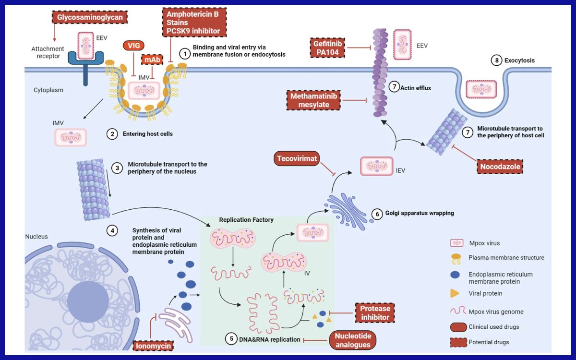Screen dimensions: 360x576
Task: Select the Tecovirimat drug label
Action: pos(297,159)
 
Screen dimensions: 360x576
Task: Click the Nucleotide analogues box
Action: pos(353,340)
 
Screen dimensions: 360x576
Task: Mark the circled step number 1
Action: pos(184,53)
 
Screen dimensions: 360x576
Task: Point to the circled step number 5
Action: pos(232,338)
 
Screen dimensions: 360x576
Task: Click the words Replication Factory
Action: pos(246,220)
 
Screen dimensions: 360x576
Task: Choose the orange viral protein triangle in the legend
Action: pos(454,293)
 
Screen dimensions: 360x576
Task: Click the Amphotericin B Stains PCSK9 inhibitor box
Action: pos(193,23)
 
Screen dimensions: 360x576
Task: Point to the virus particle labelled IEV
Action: pos(377,167)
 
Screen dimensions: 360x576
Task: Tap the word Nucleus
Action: pos(36,237)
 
